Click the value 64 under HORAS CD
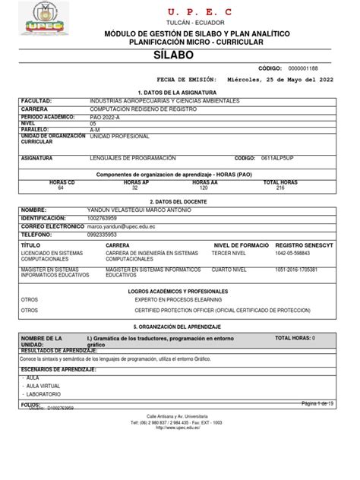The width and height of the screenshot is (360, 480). pos(61,188)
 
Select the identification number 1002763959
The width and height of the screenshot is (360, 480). pos(108,218)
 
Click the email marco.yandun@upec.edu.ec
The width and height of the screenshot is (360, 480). pos(126,226)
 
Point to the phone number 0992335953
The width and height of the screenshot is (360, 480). pos(107,235)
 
